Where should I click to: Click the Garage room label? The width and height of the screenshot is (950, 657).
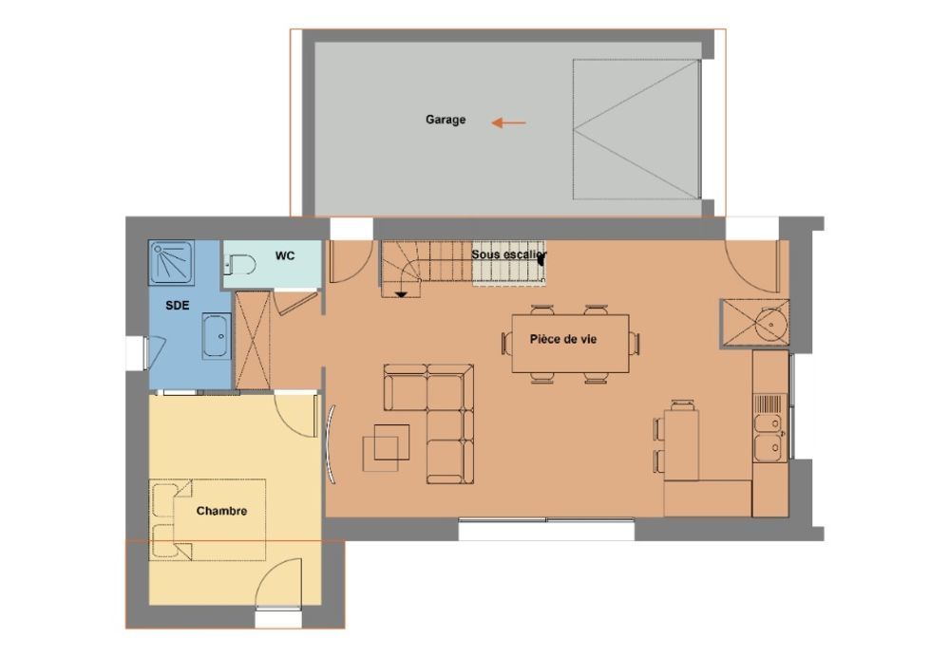[446, 120]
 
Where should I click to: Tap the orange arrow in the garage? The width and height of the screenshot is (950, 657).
[508, 122]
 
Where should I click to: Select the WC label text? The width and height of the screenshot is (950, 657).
[285, 255]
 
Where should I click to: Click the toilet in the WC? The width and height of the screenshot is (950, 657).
[240, 265]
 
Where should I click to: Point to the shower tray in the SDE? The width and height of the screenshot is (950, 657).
[172, 263]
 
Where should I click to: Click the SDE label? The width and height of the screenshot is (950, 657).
[178, 305]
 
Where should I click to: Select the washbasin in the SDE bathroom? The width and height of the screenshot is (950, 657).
[217, 335]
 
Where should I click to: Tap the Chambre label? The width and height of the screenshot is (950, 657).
[221, 511]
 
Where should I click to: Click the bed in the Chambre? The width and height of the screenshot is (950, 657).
[208, 519]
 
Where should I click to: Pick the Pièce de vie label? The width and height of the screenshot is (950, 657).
[562, 339]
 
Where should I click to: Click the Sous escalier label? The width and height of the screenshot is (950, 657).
[509, 254]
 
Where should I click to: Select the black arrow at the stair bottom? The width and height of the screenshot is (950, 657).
[401, 294]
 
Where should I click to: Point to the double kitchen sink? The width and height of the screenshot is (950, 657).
[770, 436]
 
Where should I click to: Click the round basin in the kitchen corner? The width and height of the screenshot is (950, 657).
[771, 324]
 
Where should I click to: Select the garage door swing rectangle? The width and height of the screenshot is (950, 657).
[636, 129]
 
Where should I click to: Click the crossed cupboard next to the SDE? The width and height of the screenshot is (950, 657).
[252, 340]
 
